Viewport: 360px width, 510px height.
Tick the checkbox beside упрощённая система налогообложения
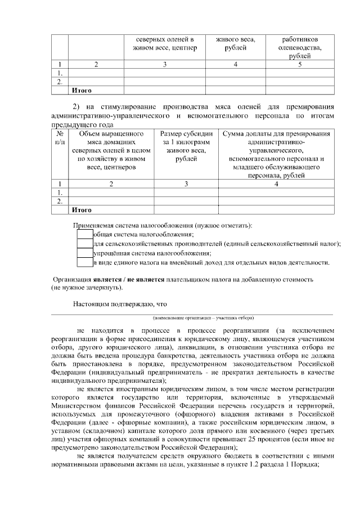[x=84, y=253]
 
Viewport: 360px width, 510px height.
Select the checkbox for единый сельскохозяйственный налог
[x=84, y=244]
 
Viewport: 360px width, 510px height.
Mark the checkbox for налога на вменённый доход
[x=84, y=262]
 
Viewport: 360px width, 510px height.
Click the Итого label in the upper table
[x=81, y=90]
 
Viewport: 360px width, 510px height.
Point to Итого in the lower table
[x=81, y=210]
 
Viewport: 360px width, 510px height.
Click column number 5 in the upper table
[x=300, y=64]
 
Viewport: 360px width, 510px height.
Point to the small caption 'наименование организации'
[x=192, y=317]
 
